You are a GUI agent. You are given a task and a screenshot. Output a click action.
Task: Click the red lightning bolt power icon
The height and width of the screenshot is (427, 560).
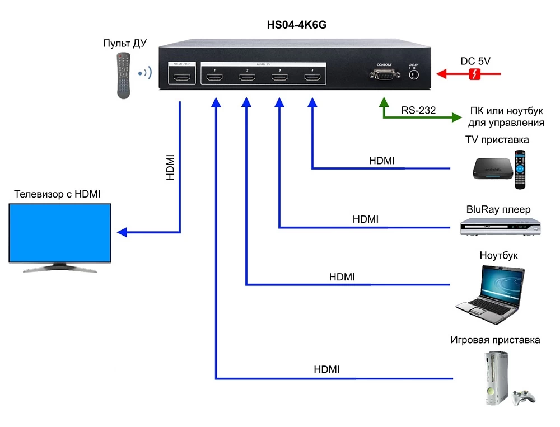pyautogui.click(x=474, y=74)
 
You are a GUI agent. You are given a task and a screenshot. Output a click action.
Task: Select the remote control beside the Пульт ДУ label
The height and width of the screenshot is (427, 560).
pyautogui.click(x=124, y=75)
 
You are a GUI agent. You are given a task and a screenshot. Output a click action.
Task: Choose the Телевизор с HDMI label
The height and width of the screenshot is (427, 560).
pyautogui.click(x=57, y=194)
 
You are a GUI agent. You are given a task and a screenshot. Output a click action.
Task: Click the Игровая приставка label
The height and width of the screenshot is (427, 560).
pyautogui.click(x=495, y=340)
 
